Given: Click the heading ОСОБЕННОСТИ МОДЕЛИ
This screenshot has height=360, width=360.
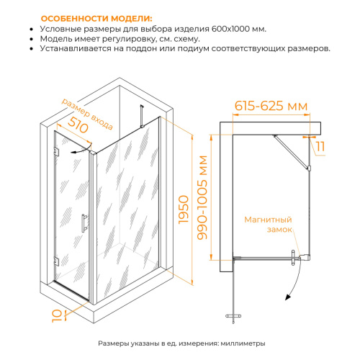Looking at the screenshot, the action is tap(96, 19).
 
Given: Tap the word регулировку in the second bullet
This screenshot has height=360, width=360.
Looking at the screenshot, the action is tap(130, 39).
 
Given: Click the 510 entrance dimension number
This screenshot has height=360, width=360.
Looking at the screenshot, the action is tap(78, 125).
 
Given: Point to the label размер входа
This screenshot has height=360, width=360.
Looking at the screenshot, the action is tap(87, 114).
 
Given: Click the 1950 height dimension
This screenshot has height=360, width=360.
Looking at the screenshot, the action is tap(184, 210).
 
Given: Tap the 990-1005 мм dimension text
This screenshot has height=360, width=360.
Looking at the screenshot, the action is tap(202, 197).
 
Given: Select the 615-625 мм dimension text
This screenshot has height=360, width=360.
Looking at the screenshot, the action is tap(271, 106).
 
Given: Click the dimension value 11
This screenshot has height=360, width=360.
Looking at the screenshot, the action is tap(320, 146).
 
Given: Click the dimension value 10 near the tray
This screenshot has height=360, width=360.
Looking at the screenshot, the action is tap(57, 315).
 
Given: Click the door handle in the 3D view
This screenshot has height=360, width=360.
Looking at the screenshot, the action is tap(84, 223).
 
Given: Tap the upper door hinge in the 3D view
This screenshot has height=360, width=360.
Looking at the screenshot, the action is tap(56, 151).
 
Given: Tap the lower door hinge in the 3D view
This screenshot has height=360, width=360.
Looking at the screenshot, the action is tap(56, 261).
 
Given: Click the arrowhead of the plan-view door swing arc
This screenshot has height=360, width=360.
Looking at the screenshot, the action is tap(287, 297).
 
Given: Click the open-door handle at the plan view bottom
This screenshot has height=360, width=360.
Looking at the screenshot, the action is tap(233, 316).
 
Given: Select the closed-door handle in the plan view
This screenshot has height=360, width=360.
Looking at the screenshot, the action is tap(293, 258).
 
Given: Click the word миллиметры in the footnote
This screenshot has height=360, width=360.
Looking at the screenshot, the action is tap(243, 343).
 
